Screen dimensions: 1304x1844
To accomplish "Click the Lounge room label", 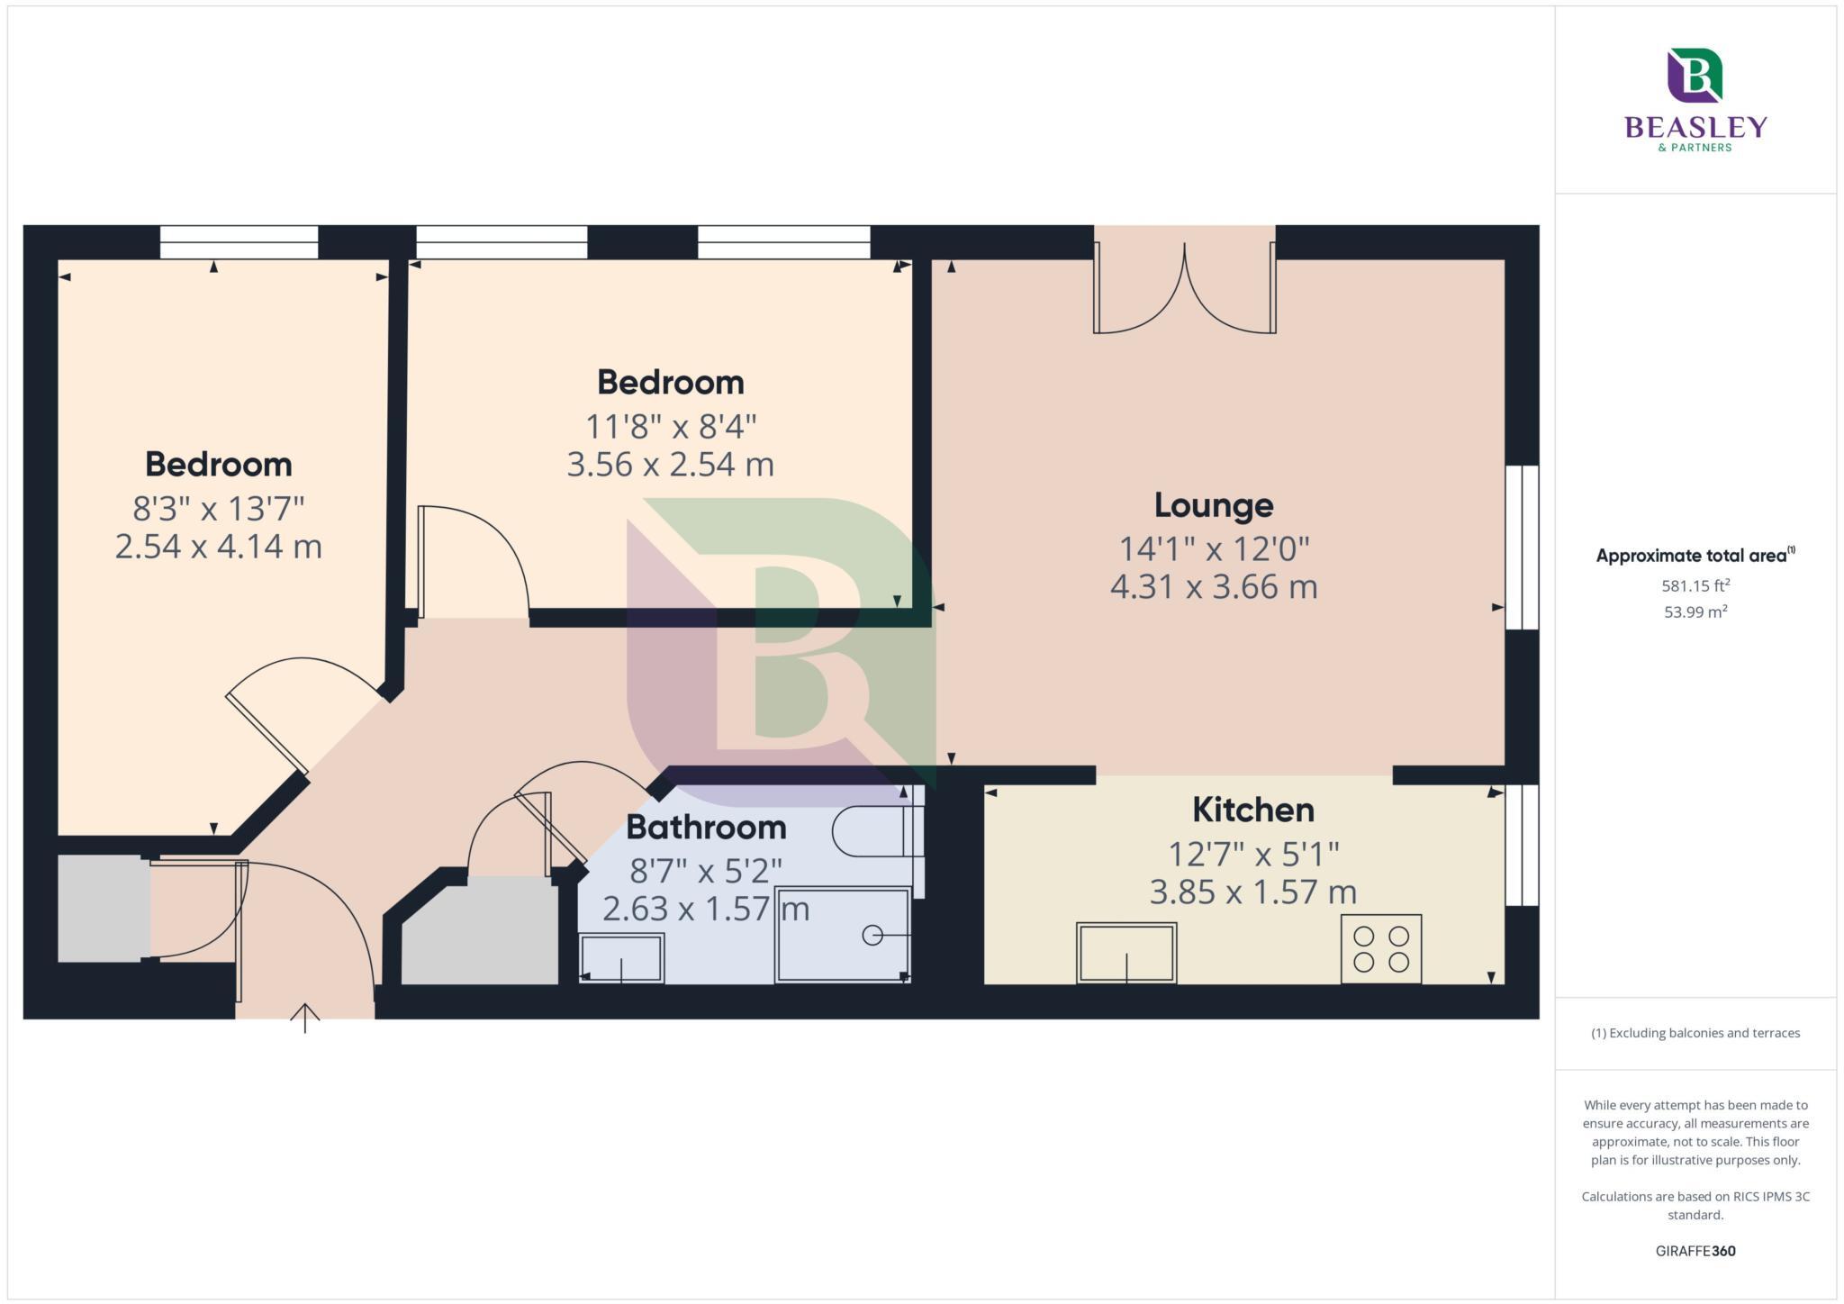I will pyautogui.click(x=1213, y=505).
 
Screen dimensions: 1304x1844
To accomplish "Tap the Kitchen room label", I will pyautogui.click(x=1252, y=810).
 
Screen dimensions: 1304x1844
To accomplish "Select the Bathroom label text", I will pyautogui.click(x=706, y=827).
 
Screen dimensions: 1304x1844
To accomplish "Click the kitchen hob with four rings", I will pyautogui.click(x=1380, y=948).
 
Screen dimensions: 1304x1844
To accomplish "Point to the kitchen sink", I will pyautogui.click(x=1125, y=952).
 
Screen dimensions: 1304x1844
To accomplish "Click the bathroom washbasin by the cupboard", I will pyautogui.click(x=621, y=958).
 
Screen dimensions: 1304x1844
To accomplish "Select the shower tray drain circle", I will pyautogui.click(x=872, y=935).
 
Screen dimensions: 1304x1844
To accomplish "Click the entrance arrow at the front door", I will pyautogui.click(x=305, y=1017).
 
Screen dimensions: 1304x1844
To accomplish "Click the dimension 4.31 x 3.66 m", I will pyautogui.click(x=1213, y=587).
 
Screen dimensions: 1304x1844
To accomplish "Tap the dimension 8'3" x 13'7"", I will pyautogui.click(x=219, y=509).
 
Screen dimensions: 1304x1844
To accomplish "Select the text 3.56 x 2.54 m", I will pyautogui.click(x=670, y=465).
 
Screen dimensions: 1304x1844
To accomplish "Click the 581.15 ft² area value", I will pyautogui.click(x=1695, y=585).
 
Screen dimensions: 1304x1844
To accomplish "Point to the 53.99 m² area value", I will pyautogui.click(x=1695, y=612).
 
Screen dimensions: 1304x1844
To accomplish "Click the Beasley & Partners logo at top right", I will pyautogui.click(x=1695, y=99).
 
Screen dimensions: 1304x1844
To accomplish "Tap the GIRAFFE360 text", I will pyautogui.click(x=1695, y=1251).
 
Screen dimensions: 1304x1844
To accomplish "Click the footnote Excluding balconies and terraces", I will pyautogui.click(x=1695, y=1033).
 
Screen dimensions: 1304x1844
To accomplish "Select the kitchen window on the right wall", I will pyautogui.click(x=1522, y=845).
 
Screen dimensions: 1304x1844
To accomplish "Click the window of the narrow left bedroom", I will pyautogui.click(x=239, y=242).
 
